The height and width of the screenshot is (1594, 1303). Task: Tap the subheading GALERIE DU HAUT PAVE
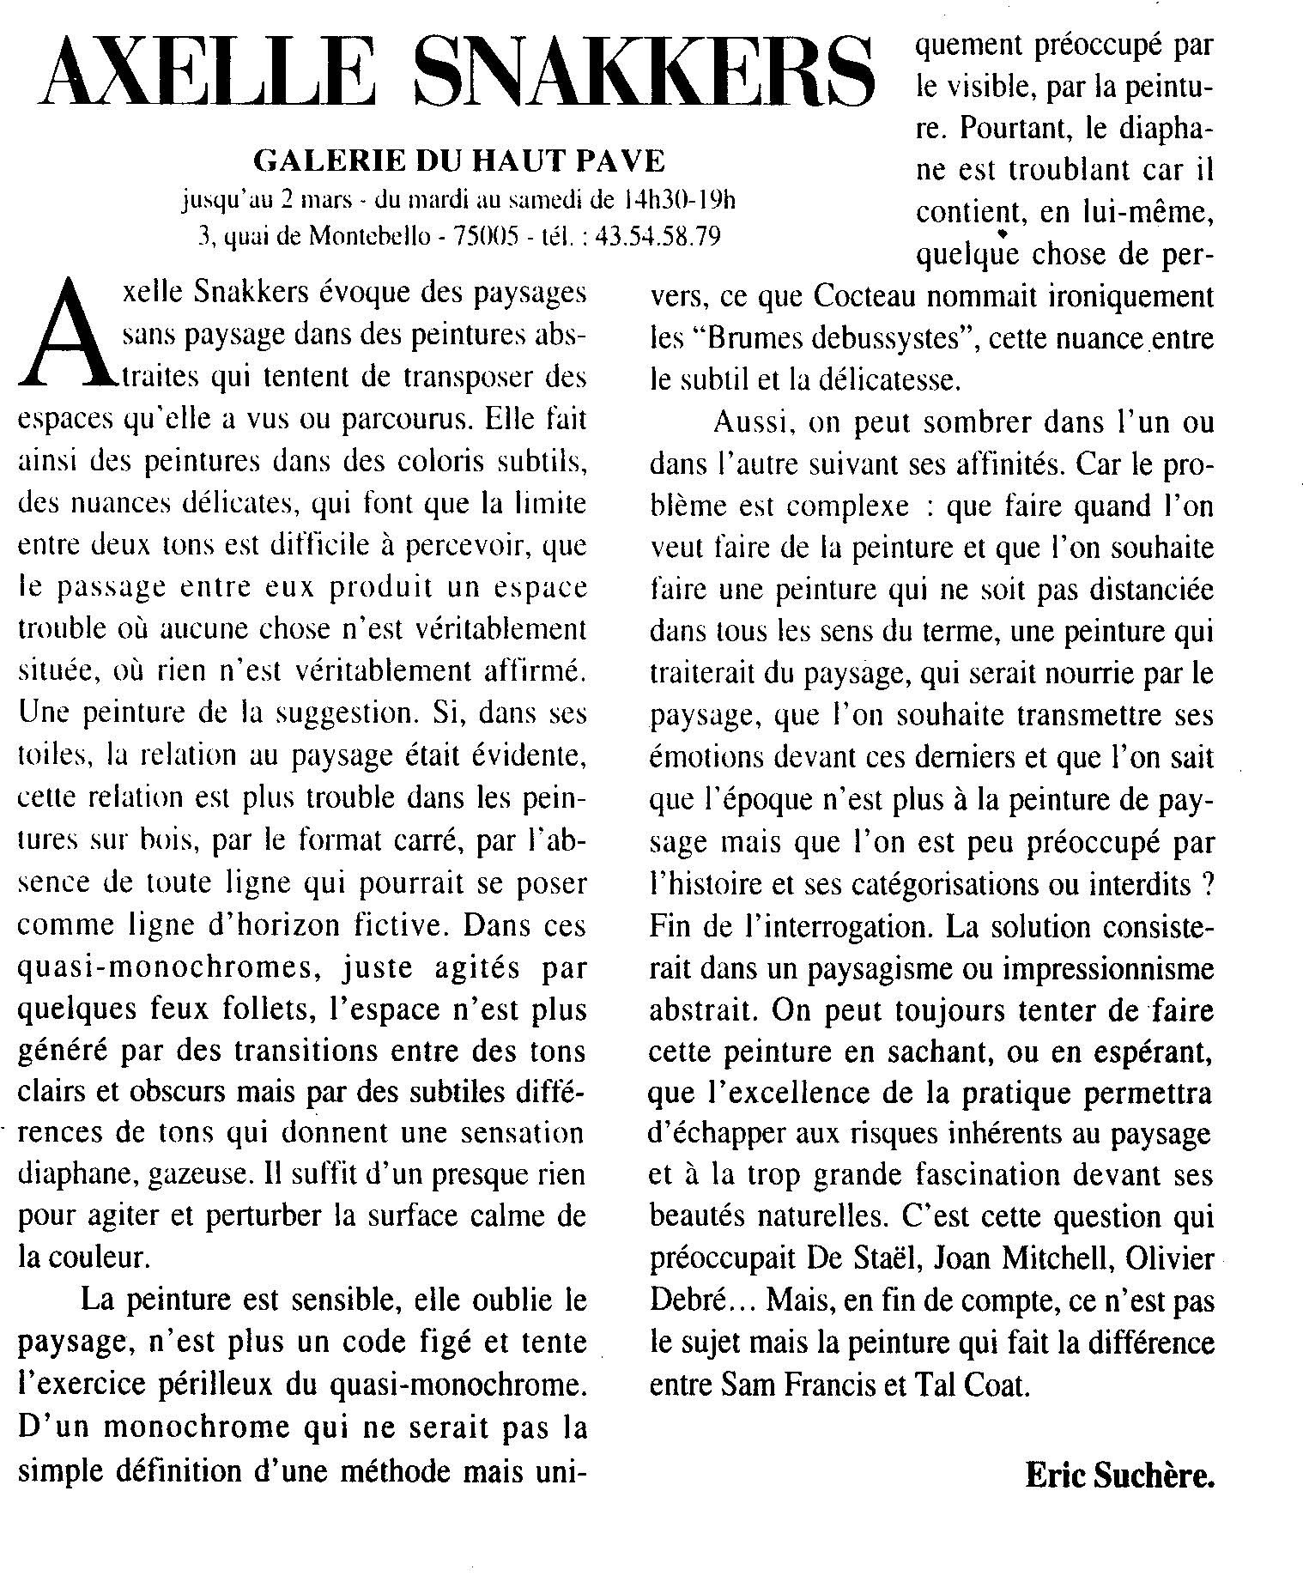pyautogui.click(x=459, y=161)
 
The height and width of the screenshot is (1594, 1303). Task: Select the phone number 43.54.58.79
pyautogui.click(x=657, y=237)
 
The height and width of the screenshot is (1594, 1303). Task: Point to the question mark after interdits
pyautogui.click(x=1207, y=885)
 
